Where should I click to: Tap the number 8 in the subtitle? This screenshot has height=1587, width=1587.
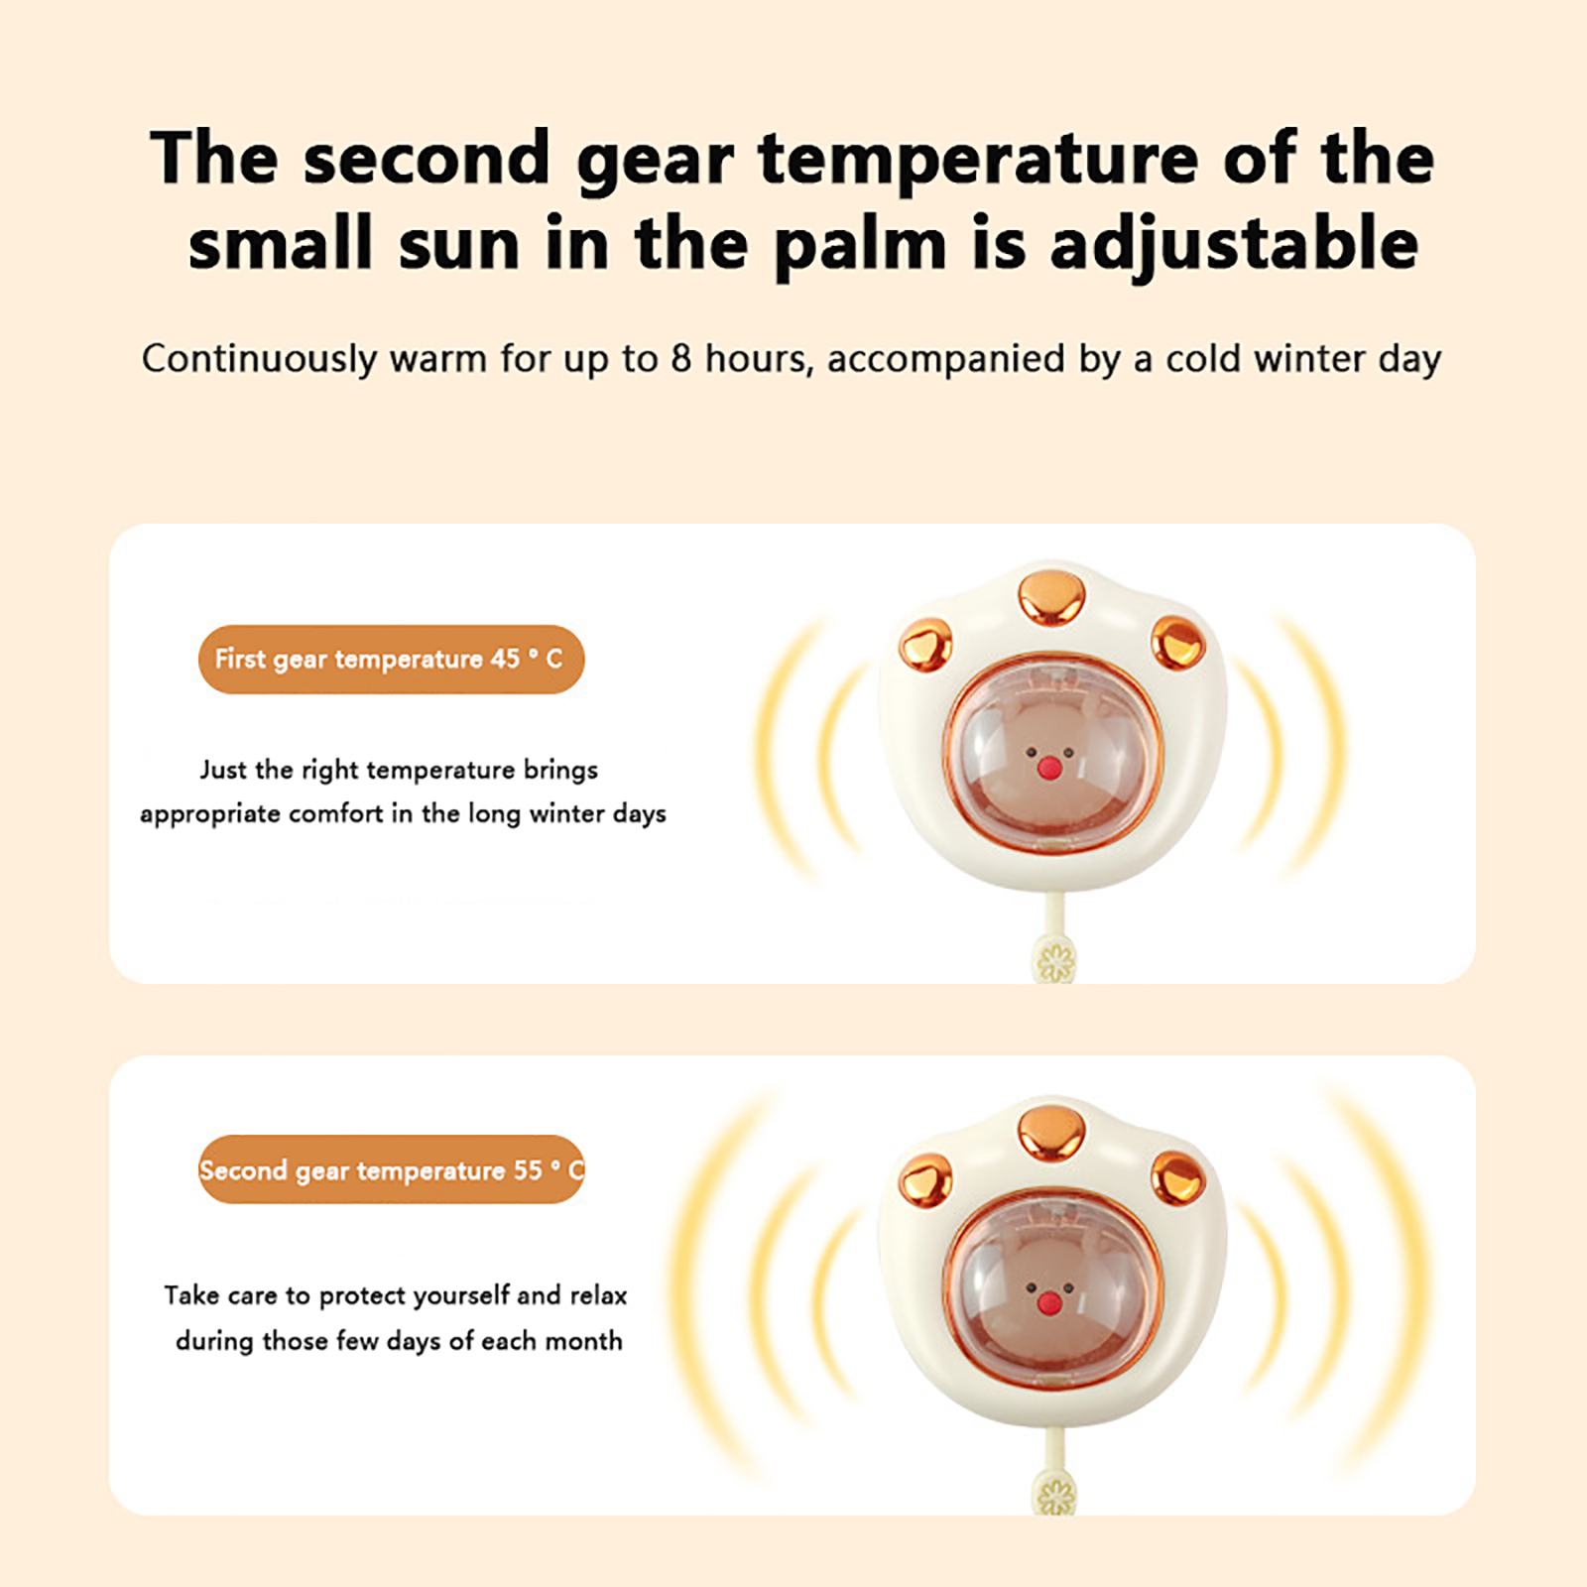(x=680, y=358)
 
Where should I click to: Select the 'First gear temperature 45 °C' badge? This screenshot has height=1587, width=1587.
(x=391, y=660)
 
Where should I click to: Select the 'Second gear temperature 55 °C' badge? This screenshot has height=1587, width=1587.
(x=391, y=1169)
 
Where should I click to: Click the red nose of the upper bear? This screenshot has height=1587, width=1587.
(x=1048, y=768)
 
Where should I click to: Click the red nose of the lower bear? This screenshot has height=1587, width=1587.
(x=1048, y=1302)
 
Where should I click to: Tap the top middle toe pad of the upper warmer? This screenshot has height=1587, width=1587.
(x=1051, y=594)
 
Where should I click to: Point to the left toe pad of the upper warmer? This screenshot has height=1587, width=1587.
(x=925, y=645)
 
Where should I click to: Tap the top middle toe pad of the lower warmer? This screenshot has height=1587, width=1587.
(x=1051, y=1130)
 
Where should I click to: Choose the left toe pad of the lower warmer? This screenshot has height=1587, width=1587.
(x=925, y=1180)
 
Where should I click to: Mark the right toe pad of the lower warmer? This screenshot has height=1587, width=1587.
(x=1178, y=1177)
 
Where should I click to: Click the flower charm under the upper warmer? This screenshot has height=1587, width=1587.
(x=1055, y=961)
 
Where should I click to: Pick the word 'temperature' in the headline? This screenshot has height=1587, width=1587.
(x=979, y=159)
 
